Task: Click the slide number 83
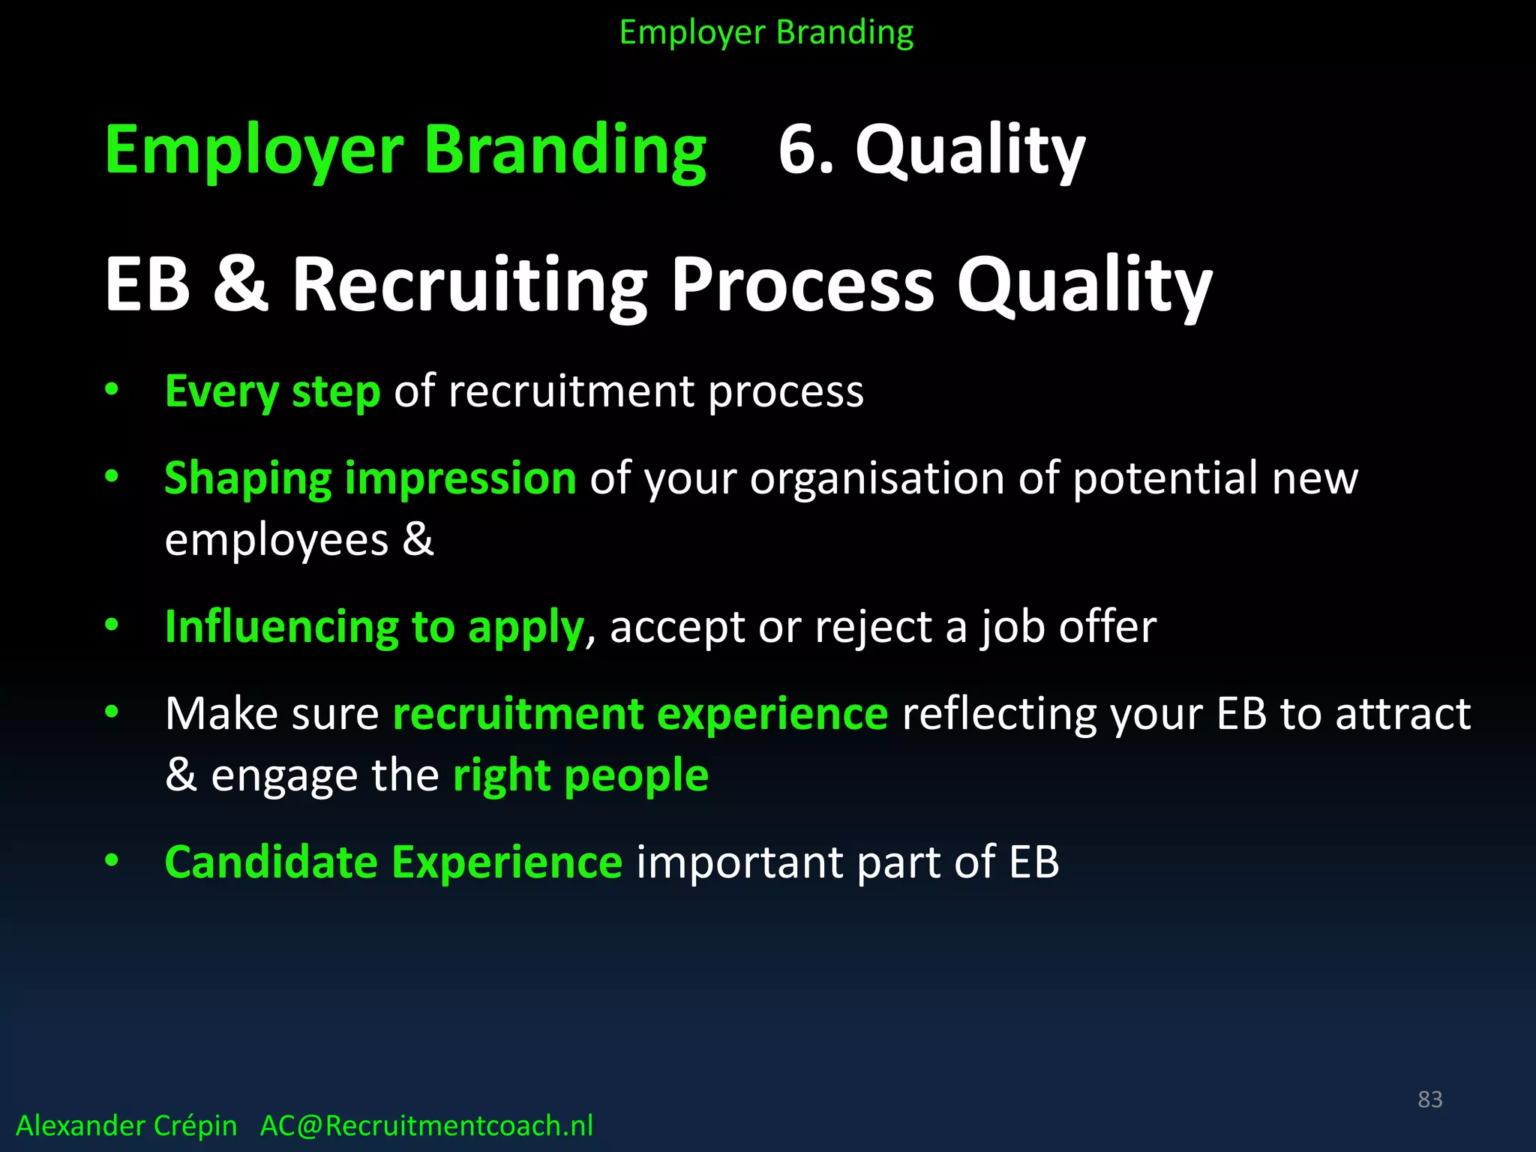tap(1429, 1099)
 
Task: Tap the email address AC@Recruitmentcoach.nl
tap(426, 1126)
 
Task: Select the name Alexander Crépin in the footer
tap(126, 1126)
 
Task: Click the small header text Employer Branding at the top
tap(766, 33)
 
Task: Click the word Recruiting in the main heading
tap(469, 285)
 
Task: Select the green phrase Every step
tap(272, 391)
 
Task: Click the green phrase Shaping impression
tap(370, 478)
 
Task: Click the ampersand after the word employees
tap(418, 539)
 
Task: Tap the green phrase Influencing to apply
tap(373, 627)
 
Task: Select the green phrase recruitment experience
tap(640, 713)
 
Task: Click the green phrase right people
tap(580, 775)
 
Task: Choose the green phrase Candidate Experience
tap(393, 862)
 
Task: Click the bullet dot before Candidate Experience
tap(112, 860)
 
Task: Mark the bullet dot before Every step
tap(112, 389)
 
